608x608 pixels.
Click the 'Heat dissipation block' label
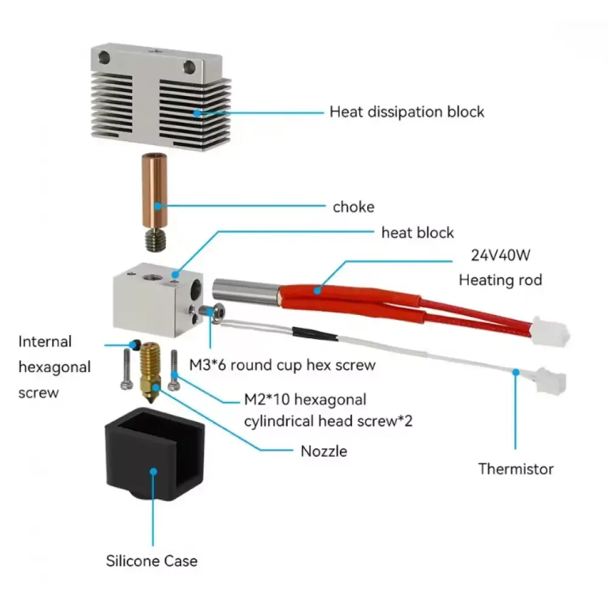click(x=407, y=112)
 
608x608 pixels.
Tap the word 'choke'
click(x=353, y=207)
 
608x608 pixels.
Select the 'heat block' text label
click(x=417, y=232)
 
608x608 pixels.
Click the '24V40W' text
click(x=500, y=255)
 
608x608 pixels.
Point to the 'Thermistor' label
click(x=516, y=469)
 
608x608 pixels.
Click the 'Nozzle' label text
click(x=324, y=451)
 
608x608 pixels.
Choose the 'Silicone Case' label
click(x=152, y=560)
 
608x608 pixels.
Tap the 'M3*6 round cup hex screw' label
click(x=282, y=365)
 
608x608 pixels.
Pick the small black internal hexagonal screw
click(x=132, y=345)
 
